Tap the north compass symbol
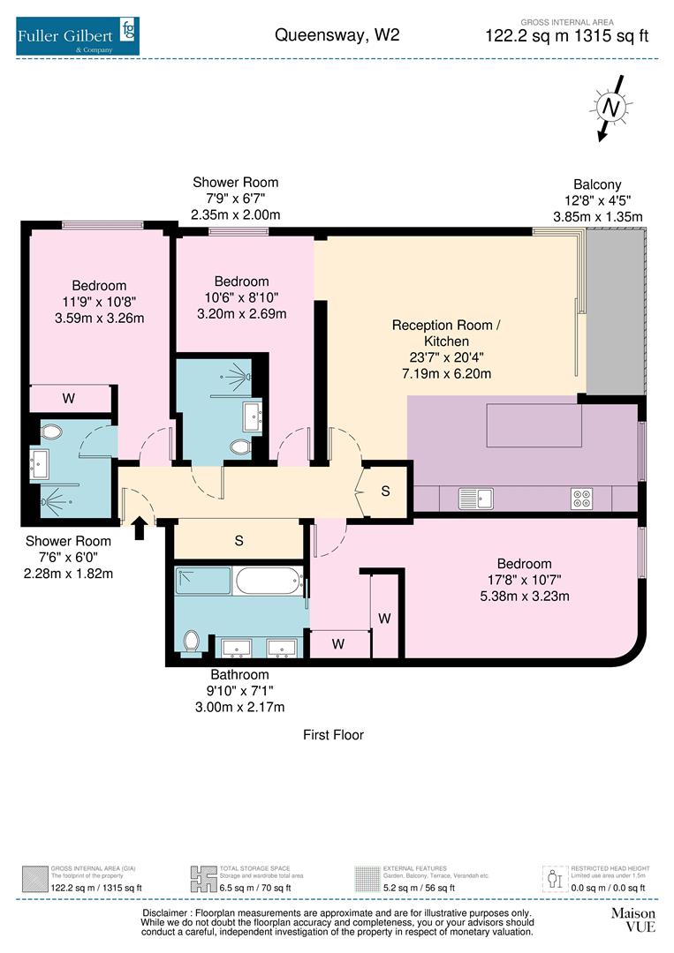pos(610,108)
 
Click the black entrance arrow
pos(139,528)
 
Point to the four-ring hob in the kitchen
pos(581,499)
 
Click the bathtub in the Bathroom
pos(269,582)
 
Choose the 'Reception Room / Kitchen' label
pos(445,333)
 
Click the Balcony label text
pos(597,184)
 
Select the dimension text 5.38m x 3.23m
pos(524,596)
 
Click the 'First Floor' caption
pos(333,734)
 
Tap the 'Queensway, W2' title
pos(337,35)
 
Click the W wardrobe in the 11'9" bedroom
pos(69,399)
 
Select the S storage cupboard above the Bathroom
pos(239,541)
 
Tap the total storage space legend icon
pos(203,878)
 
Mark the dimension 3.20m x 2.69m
pos(241,313)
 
